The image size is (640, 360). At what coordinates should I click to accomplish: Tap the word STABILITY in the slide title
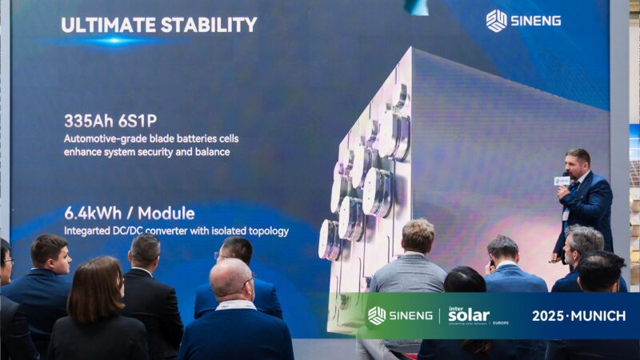[x=209, y=25]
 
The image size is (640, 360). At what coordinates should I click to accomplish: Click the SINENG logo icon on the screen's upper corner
[x=496, y=21]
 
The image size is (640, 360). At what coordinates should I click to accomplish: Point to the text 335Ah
[x=84, y=121]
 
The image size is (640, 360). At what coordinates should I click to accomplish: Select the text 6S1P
[x=133, y=121]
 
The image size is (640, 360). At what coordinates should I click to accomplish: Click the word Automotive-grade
[x=105, y=139]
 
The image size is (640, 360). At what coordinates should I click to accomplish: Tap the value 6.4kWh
[x=93, y=213]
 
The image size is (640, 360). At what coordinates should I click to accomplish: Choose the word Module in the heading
[x=166, y=213]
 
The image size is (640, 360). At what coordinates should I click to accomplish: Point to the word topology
[x=268, y=231]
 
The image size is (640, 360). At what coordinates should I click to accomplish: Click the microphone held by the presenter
[x=562, y=180]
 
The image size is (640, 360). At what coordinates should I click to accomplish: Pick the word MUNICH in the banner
[x=598, y=316]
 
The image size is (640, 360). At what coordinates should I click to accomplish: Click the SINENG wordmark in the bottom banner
[x=410, y=315]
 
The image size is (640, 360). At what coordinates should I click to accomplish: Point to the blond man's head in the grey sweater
[x=418, y=235]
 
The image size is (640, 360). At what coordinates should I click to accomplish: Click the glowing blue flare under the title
[x=114, y=41]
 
